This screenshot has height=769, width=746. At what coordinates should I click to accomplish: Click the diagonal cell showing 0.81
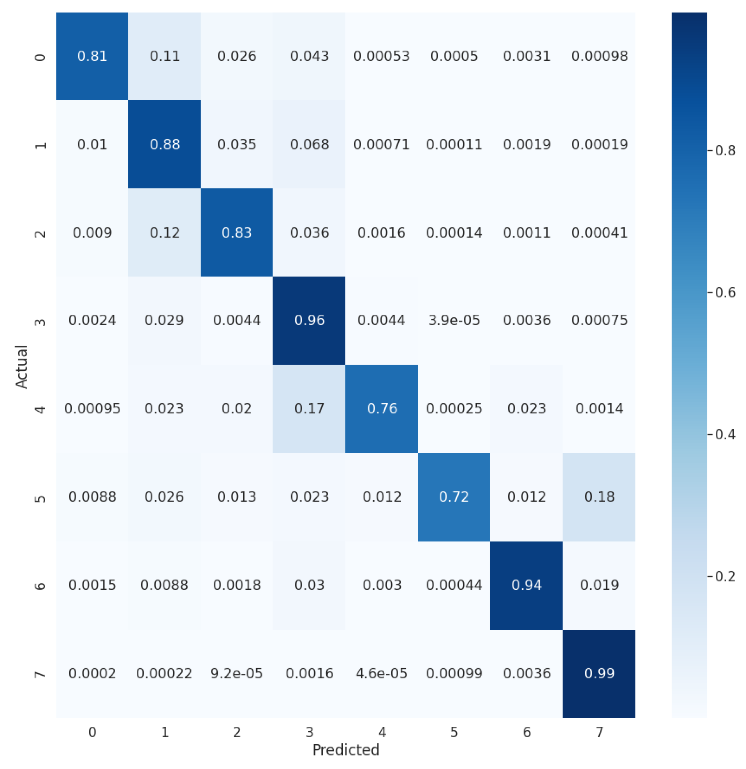click(92, 56)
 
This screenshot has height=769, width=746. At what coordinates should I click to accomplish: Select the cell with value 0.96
click(309, 321)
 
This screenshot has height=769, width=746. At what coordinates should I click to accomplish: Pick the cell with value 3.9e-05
click(454, 321)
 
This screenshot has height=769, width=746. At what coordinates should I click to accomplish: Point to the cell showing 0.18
click(599, 497)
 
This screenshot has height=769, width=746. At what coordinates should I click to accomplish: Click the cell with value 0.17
click(309, 408)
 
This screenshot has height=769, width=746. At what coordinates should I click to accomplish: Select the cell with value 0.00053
click(381, 56)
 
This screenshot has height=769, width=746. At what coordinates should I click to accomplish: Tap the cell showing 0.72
click(454, 497)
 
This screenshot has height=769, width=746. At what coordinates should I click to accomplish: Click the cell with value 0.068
click(309, 144)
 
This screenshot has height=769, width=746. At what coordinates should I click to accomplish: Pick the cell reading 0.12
click(164, 233)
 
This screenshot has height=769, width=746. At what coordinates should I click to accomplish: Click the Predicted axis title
click(346, 750)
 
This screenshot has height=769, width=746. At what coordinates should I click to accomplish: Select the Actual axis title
click(22, 366)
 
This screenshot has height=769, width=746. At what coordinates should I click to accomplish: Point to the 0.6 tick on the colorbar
click(724, 293)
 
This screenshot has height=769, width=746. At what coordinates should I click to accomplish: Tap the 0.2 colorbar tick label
click(724, 576)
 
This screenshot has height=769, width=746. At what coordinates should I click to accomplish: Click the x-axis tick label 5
click(454, 732)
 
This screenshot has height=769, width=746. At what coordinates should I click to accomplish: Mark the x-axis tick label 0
click(92, 732)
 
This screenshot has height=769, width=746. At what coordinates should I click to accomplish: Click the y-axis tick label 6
click(40, 587)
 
